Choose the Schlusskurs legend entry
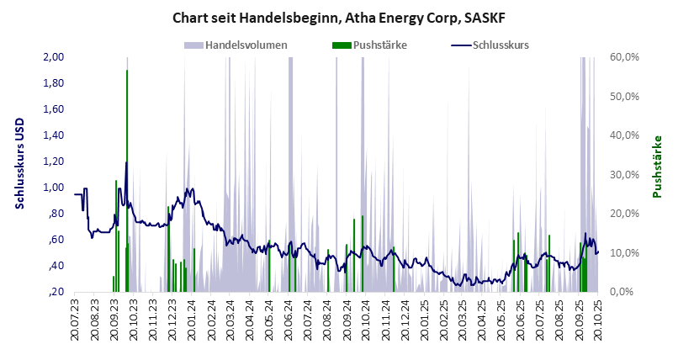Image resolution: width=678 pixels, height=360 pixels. [x=500, y=45]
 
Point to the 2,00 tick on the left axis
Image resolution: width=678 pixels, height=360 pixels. [x=53, y=57]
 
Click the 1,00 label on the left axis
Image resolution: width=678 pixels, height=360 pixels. [x=53, y=188]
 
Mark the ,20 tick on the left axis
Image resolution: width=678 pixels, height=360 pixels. [x=56, y=292]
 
